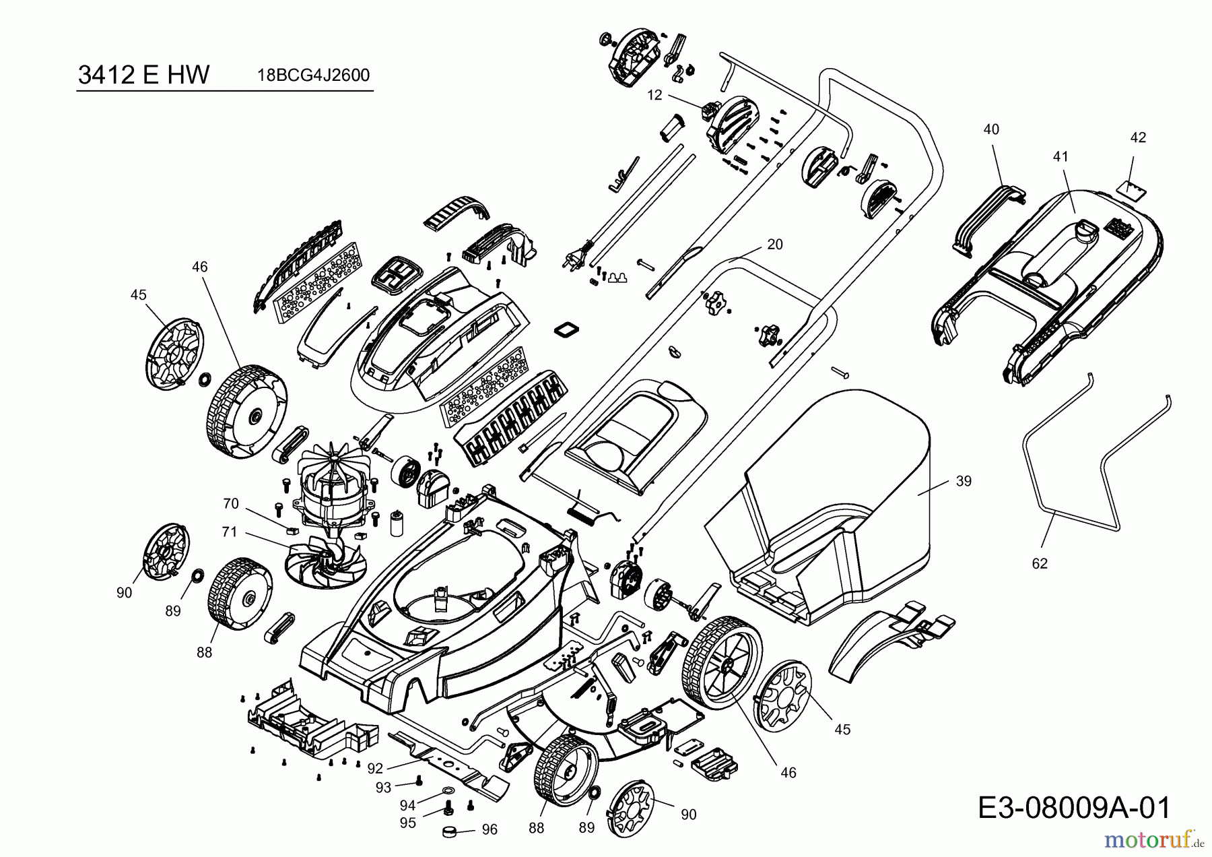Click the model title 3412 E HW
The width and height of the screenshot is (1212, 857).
click(143, 75)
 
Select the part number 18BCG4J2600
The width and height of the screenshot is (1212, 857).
click(313, 75)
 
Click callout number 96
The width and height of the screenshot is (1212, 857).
click(490, 829)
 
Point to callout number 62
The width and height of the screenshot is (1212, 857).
click(1040, 563)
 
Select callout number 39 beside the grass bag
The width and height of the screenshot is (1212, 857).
click(964, 481)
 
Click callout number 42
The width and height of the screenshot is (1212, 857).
click(1137, 137)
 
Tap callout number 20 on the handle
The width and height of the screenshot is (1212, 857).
click(775, 245)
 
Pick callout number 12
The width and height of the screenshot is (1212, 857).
click(655, 95)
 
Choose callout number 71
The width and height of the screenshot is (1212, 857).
click(230, 532)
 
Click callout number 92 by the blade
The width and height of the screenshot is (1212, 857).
click(375, 767)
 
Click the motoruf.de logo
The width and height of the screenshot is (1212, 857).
click(1155, 840)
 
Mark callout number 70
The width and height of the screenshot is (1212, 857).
click(231, 503)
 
